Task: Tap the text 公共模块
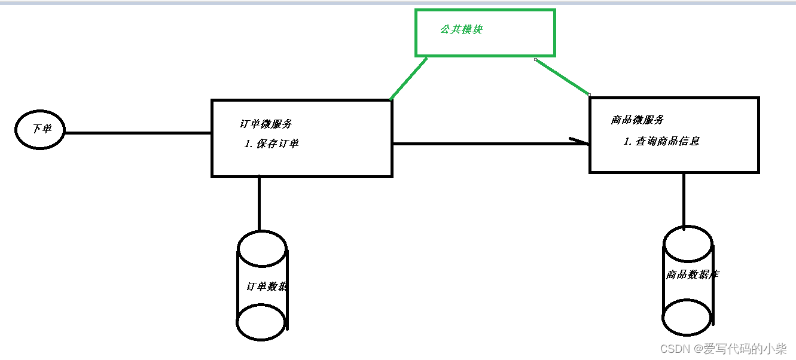[x=461, y=29]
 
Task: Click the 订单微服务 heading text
[x=266, y=124]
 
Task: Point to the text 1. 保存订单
[x=272, y=144]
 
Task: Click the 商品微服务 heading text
[x=638, y=120]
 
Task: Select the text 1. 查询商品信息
[x=661, y=142]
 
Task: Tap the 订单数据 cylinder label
[x=267, y=286]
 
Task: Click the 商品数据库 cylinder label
[x=693, y=274]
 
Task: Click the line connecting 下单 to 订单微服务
[x=138, y=133]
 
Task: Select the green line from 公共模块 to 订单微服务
[x=408, y=78]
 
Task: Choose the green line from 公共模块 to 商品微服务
[x=562, y=77]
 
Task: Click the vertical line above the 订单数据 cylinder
[x=259, y=203]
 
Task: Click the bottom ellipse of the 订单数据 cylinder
[x=262, y=324]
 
